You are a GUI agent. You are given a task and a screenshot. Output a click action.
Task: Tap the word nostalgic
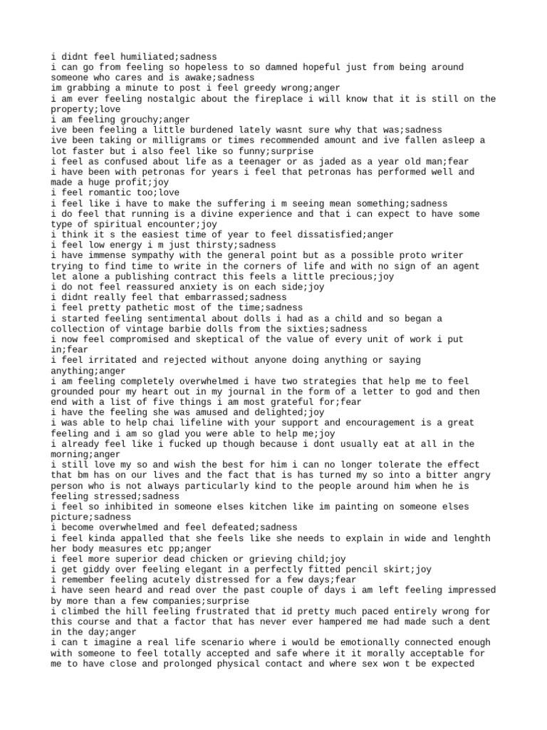[152, 99]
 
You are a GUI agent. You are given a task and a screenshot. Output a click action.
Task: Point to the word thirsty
[204, 245]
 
